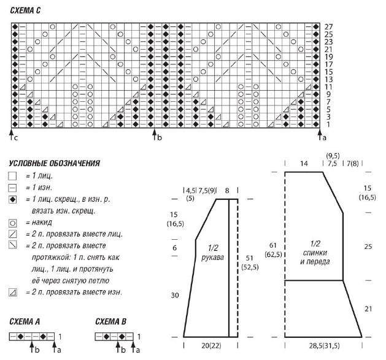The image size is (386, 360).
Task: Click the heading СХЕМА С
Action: (25, 10)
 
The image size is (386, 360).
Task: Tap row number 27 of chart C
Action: (328, 26)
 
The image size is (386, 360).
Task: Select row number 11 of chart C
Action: (328, 87)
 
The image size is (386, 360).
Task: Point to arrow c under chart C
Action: (12, 134)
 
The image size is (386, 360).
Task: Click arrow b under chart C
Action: (155, 134)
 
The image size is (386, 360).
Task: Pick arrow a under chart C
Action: (320, 134)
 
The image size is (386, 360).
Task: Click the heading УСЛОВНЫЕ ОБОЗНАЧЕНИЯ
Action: (55, 163)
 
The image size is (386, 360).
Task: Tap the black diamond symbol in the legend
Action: (12, 199)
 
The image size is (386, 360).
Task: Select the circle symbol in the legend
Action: (12, 223)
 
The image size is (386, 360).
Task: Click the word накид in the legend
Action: (42, 223)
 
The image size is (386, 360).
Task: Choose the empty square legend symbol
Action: (12, 176)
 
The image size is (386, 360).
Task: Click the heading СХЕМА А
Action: (25, 321)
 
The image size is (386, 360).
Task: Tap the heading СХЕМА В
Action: (111, 321)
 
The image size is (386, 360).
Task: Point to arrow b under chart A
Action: (32, 347)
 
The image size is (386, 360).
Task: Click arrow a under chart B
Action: (133, 347)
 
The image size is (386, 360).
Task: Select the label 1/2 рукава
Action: (213, 253)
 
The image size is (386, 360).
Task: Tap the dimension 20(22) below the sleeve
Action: (211, 346)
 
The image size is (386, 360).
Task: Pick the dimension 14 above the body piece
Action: (304, 163)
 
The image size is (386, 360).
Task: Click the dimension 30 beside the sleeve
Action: (175, 295)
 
